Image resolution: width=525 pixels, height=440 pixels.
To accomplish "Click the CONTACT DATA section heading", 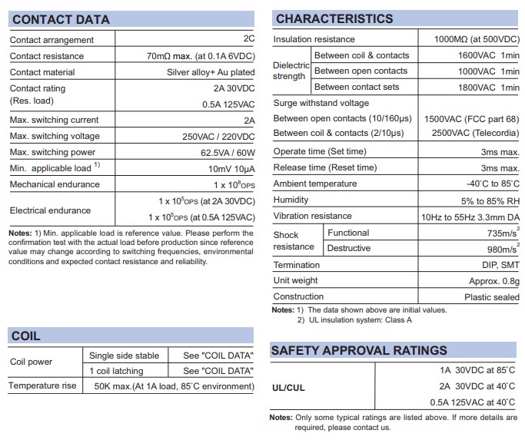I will tap(61, 19).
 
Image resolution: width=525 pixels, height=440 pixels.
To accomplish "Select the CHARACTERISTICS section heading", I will tap(334, 18).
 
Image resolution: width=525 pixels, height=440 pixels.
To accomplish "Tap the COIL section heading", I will tap(26, 336).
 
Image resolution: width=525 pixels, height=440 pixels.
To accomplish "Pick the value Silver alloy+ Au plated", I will tap(210, 72).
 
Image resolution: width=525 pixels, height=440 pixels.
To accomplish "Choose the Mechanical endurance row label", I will tap(55, 184).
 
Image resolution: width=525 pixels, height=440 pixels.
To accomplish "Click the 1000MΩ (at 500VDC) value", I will tap(470, 39).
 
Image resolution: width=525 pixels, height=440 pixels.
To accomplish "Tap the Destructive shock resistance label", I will tap(348, 248).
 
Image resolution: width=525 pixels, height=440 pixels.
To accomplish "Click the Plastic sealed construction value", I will tap(491, 296).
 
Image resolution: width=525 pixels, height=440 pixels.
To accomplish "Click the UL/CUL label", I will tap(288, 388).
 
